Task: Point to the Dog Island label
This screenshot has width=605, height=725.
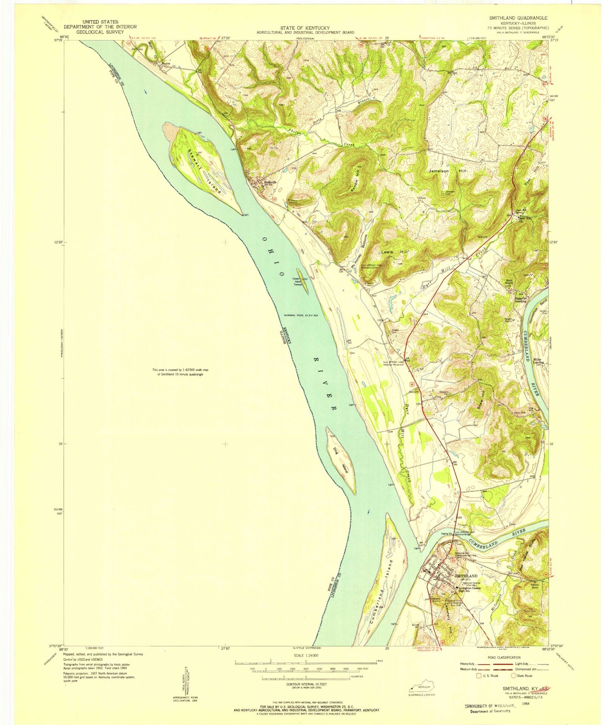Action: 340,460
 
